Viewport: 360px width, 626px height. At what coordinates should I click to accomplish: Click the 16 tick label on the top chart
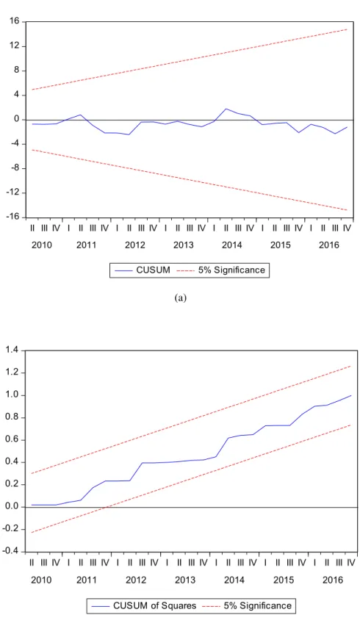point(15,21)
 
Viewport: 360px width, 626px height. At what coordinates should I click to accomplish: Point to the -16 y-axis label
point(13,217)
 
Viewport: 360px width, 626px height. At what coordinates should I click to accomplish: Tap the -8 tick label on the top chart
point(15,168)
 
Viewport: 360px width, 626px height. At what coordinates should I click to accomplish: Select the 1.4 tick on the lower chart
point(12,350)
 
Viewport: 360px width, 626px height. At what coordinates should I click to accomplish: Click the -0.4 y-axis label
point(11,552)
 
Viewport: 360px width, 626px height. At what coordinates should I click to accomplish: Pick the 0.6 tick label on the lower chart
point(12,440)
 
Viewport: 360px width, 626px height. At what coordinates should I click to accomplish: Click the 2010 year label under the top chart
point(41,245)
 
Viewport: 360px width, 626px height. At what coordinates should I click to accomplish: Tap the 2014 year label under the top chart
point(232,245)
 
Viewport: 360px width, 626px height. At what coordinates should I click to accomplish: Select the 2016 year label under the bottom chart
point(333,580)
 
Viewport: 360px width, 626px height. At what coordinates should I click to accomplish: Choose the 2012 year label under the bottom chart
point(136,580)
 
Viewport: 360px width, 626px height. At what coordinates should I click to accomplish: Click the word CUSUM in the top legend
point(154,270)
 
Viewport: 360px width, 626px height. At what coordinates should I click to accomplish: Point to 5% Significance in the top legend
point(231,270)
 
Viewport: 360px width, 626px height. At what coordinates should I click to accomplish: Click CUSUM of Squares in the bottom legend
point(155,605)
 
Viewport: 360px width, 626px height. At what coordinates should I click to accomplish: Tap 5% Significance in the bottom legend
point(257,605)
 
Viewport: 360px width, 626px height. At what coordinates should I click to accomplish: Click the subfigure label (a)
point(181,298)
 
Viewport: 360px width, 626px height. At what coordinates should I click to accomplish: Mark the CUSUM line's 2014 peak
point(226,109)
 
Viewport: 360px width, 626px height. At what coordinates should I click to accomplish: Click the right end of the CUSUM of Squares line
point(351,395)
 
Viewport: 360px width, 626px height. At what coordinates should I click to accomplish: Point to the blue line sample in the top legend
point(123,270)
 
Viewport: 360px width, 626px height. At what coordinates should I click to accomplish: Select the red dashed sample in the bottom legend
point(211,606)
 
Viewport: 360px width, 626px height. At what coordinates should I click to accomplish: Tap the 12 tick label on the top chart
point(15,46)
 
